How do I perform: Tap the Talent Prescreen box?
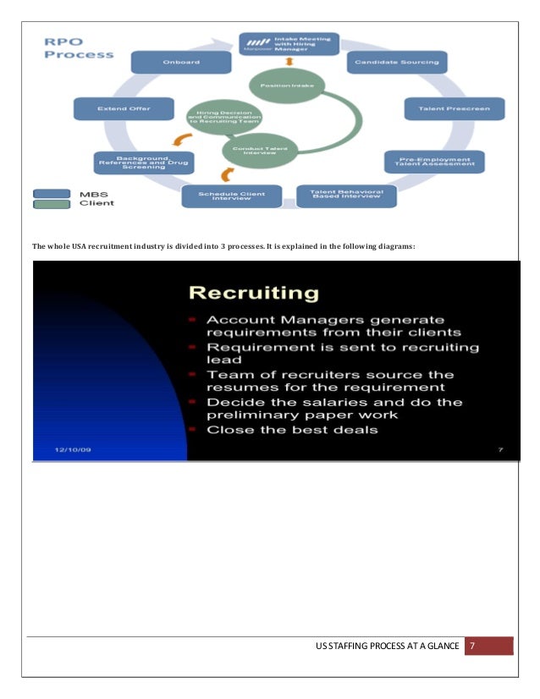454,109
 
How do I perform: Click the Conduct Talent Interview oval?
256,150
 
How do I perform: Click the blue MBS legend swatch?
57,193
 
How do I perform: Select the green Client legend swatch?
57,203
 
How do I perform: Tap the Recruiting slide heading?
253,294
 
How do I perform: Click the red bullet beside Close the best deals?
193,429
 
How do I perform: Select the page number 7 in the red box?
473,647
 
